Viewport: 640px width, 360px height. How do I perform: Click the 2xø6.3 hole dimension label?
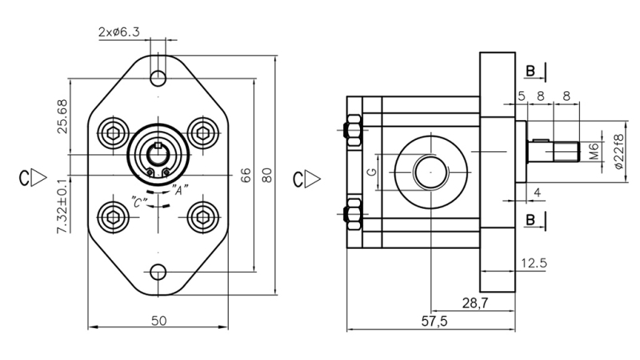coord(119,33)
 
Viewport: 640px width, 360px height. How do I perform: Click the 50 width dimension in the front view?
coord(158,320)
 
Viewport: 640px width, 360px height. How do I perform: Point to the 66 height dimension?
coord(246,174)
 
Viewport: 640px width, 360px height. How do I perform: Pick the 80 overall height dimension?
coord(268,174)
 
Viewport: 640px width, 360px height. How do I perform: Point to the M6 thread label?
coord(594,151)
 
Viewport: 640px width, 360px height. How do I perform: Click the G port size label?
coord(371,172)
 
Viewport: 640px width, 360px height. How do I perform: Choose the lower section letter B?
coord(530,218)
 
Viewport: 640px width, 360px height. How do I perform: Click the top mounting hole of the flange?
coord(159,78)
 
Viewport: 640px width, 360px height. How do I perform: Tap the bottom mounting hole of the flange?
coord(159,271)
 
